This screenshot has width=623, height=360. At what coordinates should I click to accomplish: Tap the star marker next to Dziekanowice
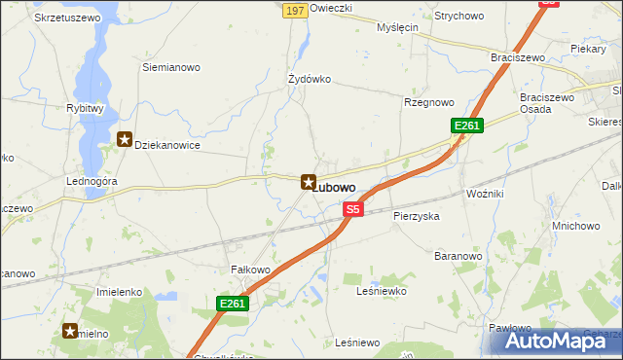point(125,140)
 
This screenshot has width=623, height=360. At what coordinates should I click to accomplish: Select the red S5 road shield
point(352,209)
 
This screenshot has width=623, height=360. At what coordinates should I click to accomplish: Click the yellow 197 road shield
point(297,10)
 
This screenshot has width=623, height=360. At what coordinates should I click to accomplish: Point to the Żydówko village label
point(311,79)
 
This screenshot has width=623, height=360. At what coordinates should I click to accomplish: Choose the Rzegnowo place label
point(429,102)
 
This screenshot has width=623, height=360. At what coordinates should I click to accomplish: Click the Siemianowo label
point(171,67)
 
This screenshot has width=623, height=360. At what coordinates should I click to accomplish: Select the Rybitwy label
point(85,109)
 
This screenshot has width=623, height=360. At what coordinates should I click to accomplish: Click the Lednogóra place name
point(92,182)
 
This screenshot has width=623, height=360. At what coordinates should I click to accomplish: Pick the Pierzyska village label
point(417,215)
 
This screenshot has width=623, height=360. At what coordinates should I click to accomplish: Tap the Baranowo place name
point(458,256)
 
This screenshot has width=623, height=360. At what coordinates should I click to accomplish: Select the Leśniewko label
point(381,291)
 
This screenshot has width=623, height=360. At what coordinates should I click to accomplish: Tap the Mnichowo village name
point(576,225)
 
